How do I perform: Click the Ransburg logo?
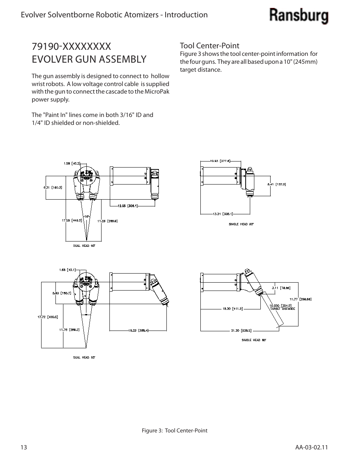(298, 16)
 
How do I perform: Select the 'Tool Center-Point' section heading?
(209, 46)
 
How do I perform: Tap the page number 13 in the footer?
(25, 447)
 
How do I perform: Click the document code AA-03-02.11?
(312, 447)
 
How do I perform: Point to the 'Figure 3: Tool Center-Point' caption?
(174, 431)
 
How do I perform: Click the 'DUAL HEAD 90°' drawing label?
(84, 246)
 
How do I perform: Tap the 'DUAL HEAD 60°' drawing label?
(84, 357)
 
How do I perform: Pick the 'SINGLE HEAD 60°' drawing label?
(254, 340)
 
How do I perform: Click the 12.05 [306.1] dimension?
(128, 206)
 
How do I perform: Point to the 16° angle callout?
(86, 216)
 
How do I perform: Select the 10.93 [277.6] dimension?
(220, 161)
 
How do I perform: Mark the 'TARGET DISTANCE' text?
(283, 309)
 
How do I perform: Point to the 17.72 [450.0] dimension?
(48, 317)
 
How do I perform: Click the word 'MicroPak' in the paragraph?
(157, 92)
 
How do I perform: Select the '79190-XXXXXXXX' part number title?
(71, 46)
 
